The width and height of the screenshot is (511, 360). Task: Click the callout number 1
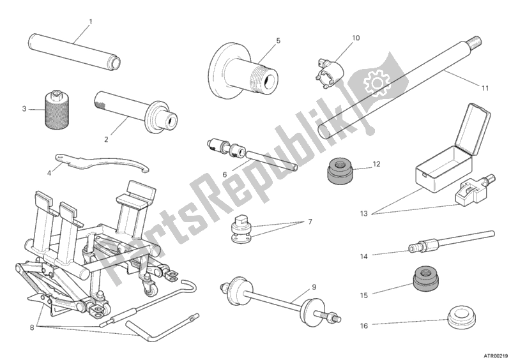pyautogui.click(x=90, y=22)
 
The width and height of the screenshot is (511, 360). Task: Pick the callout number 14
pyautogui.click(x=363, y=257)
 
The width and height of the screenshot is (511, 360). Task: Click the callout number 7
pyautogui.click(x=310, y=221)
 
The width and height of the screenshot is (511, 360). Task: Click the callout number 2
pyautogui.click(x=106, y=139)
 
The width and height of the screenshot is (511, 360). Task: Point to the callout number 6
pyautogui.click(x=224, y=174)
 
